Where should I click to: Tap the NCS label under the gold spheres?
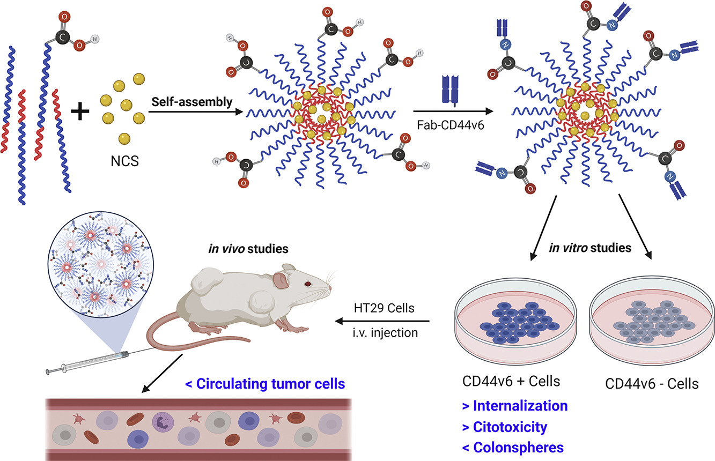[123, 160]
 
